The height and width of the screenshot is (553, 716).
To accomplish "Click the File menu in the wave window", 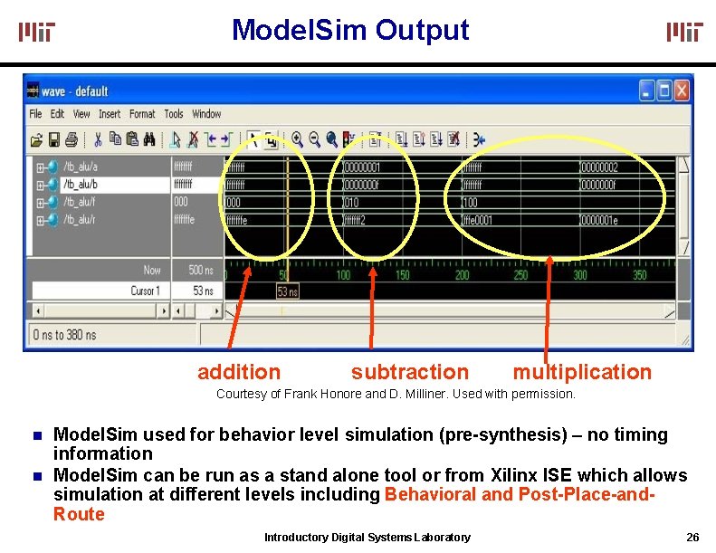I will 35,114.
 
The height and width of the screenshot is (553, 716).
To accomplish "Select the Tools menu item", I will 174,114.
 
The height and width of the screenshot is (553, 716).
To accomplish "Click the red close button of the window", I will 682,91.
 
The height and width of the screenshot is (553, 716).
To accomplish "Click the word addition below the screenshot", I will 239,372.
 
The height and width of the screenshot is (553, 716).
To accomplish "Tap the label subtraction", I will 410,372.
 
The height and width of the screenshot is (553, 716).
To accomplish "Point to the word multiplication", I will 582,372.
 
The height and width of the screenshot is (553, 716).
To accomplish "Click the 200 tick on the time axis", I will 462,275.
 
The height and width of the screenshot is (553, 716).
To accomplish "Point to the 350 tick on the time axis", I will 639,275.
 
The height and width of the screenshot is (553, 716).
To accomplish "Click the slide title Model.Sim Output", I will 350,30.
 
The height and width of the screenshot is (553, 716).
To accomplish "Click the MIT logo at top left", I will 37,33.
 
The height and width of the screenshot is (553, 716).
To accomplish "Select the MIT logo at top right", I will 684,33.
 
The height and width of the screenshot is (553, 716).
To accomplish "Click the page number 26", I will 692,538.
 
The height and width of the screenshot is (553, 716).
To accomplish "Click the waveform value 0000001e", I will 598,220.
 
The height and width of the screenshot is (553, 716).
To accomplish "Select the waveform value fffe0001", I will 482,220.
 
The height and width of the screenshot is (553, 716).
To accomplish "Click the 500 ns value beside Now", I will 200,270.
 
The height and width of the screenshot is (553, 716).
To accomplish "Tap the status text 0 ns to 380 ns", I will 64,335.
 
